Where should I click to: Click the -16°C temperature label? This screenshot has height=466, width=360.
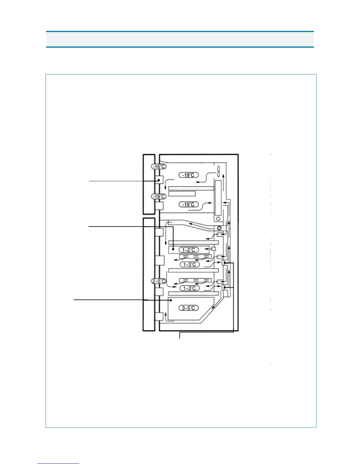click(x=159, y=167)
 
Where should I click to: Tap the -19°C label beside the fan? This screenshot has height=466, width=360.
click(x=189, y=175)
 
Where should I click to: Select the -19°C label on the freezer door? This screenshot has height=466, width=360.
click(x=159, y=197)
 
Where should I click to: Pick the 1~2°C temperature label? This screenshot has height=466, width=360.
click(x=189, y=250)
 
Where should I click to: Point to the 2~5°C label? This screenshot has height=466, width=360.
click(x=159, y=281)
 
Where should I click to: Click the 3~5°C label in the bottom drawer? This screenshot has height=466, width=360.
click(x=189, y=308)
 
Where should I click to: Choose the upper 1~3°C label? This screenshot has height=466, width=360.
click(x=190, y=264)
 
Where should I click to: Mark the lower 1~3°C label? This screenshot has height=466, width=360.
click(x=190, y=288)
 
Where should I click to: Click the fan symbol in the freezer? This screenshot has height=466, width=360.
click(x=219, y=171)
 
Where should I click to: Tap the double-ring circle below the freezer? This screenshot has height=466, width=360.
click(x=219, y=228)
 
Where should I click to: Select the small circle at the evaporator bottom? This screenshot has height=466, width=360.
click(x=218, y=219)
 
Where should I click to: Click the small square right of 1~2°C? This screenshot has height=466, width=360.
click(x=214, y=249)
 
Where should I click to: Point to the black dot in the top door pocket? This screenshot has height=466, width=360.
click(x=159, y=180)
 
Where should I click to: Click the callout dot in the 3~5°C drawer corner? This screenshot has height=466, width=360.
click(x=171, y=300)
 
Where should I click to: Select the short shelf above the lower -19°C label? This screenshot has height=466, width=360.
click(x=182, y=194)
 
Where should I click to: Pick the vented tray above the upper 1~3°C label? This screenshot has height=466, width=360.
click(x=195, y=257)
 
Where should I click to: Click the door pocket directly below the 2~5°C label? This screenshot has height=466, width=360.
click(x=159, y=292)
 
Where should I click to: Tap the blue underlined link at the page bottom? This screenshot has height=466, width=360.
click(x=58, y=463)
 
